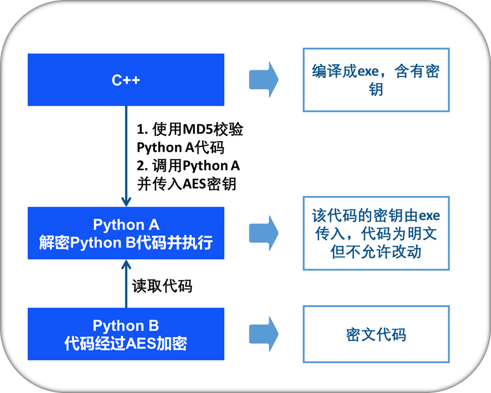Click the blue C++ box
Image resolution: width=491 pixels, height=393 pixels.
(126, 80)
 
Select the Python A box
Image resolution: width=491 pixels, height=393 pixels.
(126, 233)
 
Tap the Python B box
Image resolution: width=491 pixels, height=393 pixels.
(126, 334)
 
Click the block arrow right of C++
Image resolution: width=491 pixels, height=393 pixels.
(263, 79)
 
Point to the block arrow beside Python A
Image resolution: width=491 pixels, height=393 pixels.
(263, 232)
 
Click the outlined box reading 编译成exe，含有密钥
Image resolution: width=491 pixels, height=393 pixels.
(375, 80)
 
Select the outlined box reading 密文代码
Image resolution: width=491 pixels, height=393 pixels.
(375, 334)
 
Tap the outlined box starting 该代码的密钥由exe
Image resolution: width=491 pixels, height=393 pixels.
(375, 233)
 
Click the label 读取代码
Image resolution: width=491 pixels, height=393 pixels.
(162, 285)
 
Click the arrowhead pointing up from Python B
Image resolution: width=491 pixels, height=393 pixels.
(126, 264)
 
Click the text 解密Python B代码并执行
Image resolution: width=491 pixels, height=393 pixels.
(126, 243)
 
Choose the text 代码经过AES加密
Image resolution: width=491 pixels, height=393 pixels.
(126, 343)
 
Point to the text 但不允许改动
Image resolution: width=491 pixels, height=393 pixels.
(376, 251)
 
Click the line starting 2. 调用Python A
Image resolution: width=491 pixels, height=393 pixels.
(188, 166)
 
